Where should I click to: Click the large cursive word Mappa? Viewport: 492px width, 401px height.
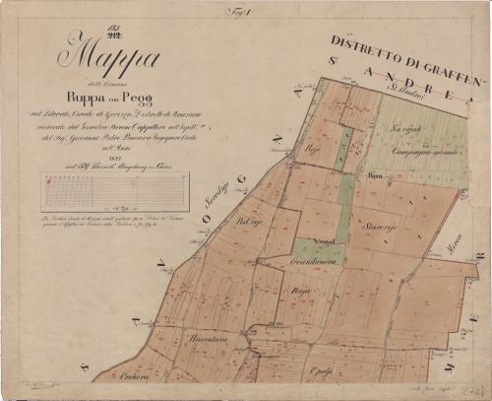(111, 57)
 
